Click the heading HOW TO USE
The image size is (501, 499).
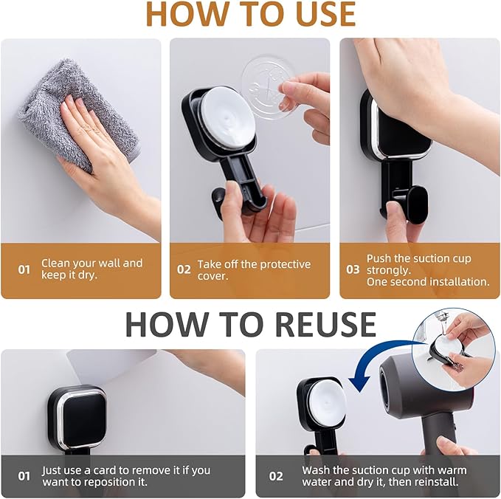(x=250, y=15)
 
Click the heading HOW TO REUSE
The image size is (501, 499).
(x=250, y=324)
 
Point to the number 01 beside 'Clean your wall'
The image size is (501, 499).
(x=24, y=269)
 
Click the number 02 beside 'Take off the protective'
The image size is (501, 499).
(x=184, y=269)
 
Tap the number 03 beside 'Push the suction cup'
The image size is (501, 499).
(x=353, y=269)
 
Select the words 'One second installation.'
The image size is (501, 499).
(x=428, y=281)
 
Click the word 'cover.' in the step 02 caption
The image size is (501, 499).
(x=213, y=275)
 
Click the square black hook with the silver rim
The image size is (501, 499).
(x=77, y=417)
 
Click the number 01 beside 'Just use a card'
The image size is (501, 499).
(x=24, y=476)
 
